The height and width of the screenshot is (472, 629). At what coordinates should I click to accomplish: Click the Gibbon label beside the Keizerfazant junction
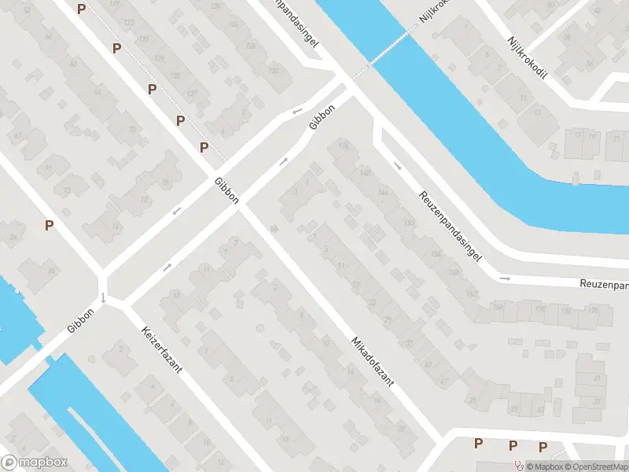tap(80, 320)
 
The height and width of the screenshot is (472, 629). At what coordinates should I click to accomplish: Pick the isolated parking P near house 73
tap(49, 226)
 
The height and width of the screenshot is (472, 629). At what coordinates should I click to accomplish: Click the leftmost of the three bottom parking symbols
tap(478, 444)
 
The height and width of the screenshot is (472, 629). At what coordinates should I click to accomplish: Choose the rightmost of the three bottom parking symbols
tap(543, 447)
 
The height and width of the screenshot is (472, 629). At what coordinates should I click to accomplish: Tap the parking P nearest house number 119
tap(116, 48)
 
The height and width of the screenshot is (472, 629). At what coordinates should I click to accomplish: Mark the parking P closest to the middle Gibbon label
tap(204, 147)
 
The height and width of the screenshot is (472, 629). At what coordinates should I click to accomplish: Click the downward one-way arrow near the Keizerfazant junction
tap(104, 297)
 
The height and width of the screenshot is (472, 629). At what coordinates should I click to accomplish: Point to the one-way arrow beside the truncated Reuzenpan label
tap(506, 278)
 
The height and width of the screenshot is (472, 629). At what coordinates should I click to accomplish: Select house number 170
tap(539, 309)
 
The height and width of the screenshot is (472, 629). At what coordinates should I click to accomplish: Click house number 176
tap(593, 311)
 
